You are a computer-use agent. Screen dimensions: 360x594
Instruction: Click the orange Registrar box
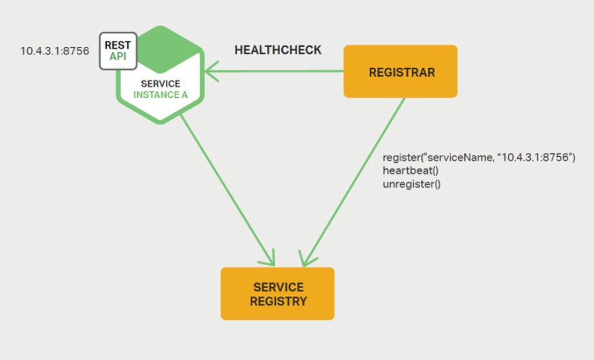point(400,71)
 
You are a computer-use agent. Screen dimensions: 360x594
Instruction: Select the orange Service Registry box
point(277,293)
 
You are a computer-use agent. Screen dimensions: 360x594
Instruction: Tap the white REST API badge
point(118,50)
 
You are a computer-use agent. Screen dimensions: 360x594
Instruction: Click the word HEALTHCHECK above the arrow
point(278,50)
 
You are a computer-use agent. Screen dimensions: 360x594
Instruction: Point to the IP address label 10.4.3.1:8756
point(54,50)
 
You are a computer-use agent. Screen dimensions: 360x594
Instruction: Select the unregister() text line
point(412,183)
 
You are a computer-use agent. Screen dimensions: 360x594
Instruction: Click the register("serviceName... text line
point(479,157)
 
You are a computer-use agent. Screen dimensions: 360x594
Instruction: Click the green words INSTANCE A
point(160,94)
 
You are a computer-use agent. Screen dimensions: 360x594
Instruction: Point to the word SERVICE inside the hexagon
point(160,84)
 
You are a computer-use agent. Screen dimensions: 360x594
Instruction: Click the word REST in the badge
point(118,45)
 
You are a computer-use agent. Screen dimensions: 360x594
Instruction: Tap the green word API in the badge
point(118,56)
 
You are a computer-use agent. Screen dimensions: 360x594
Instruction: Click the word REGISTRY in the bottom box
point(277,301)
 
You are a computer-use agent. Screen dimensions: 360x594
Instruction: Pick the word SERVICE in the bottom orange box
point(277,287)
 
